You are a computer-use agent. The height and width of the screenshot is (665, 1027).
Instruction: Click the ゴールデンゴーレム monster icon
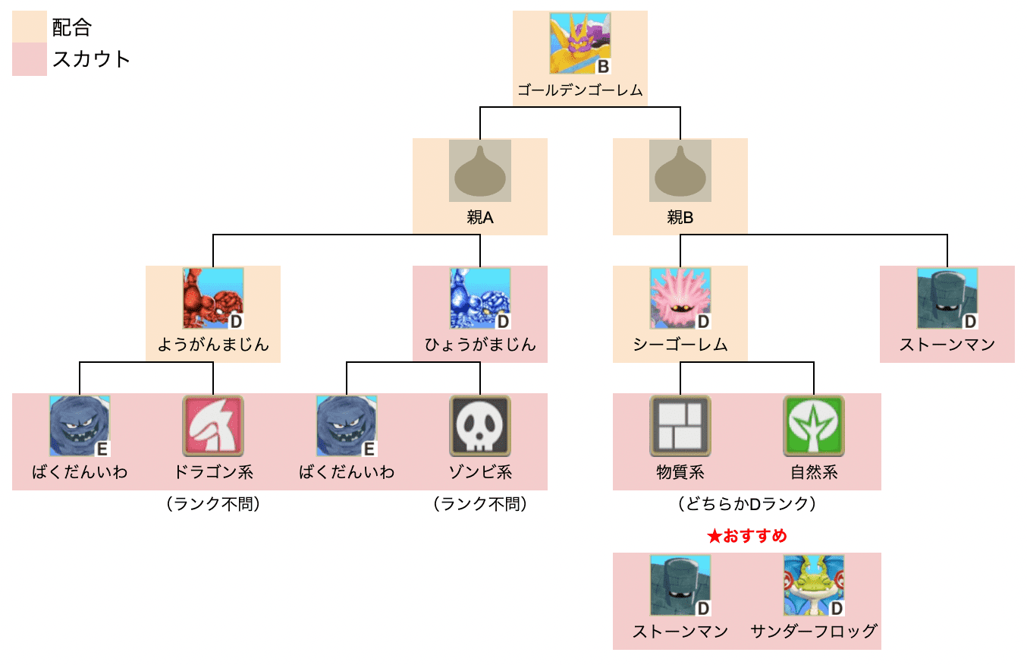580,44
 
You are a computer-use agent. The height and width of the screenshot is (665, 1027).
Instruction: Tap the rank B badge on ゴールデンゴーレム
603,67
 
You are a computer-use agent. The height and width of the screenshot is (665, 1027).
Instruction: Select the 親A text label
479,218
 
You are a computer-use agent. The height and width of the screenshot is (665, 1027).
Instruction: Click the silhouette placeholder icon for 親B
680,171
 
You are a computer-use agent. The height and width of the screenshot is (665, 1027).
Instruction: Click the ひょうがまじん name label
479,345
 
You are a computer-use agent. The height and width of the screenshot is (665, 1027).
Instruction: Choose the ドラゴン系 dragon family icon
213,426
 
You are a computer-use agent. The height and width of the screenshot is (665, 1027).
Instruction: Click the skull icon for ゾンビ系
479,426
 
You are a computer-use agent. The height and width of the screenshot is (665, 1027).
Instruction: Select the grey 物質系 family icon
680,426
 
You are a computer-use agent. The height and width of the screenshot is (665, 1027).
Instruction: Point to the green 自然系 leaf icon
814,426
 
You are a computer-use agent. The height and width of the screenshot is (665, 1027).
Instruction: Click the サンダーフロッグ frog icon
814,585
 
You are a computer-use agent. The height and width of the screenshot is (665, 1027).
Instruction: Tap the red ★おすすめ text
746,536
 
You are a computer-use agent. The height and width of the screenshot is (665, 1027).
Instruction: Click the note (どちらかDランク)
746,504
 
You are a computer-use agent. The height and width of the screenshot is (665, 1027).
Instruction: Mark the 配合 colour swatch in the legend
30,28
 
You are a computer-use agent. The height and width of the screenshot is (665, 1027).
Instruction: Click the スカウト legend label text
92,59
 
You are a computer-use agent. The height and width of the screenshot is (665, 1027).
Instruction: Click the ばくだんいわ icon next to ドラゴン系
80,426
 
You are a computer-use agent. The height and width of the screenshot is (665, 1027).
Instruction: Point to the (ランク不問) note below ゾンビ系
479,504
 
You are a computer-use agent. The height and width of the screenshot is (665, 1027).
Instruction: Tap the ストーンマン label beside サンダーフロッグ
680,632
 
